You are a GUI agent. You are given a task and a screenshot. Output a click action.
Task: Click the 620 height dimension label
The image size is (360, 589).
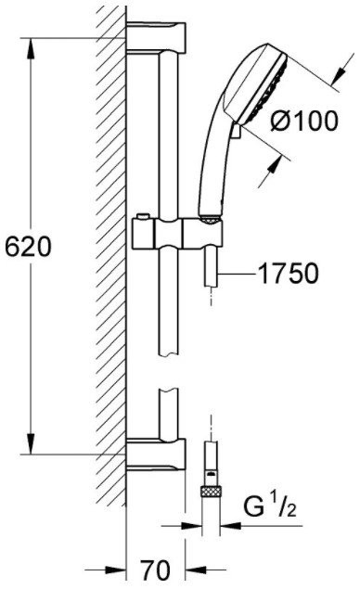pos(28,247)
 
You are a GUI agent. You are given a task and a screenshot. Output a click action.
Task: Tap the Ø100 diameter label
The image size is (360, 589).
pos(304,121)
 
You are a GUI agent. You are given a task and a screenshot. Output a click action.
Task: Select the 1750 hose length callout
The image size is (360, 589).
pos(289,273)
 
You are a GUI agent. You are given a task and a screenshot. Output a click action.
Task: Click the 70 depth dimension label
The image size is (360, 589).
pos(155,570)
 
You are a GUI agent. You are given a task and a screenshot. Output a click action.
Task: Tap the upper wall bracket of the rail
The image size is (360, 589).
pos(156,38)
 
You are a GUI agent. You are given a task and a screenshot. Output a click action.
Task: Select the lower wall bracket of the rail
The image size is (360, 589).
pos(156,455)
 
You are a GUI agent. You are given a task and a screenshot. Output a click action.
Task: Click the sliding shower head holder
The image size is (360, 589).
pos(177,234)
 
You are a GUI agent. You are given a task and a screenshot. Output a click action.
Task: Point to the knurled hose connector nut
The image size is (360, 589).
pos(212,491)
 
